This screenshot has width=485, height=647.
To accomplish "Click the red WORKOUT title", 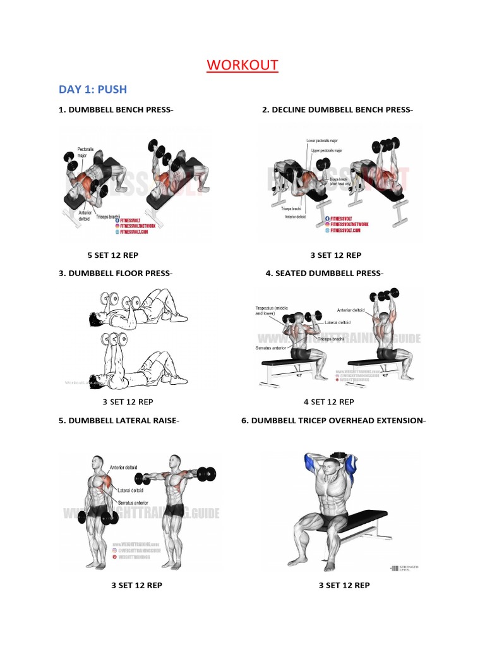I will coord(242,65).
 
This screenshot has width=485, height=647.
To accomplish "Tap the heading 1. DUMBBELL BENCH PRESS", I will coord(116,110).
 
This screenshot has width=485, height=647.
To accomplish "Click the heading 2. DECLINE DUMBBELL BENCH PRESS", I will coord(337,110).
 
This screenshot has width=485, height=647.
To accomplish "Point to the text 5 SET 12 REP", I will coord(112,255).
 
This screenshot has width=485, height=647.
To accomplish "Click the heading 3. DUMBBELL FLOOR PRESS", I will coord(115,274).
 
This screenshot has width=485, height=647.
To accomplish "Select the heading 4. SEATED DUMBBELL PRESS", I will coord(324,274).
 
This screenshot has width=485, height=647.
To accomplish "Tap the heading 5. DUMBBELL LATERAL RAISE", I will coord(115,420).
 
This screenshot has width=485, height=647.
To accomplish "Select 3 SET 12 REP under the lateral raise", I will coord(137,585).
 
